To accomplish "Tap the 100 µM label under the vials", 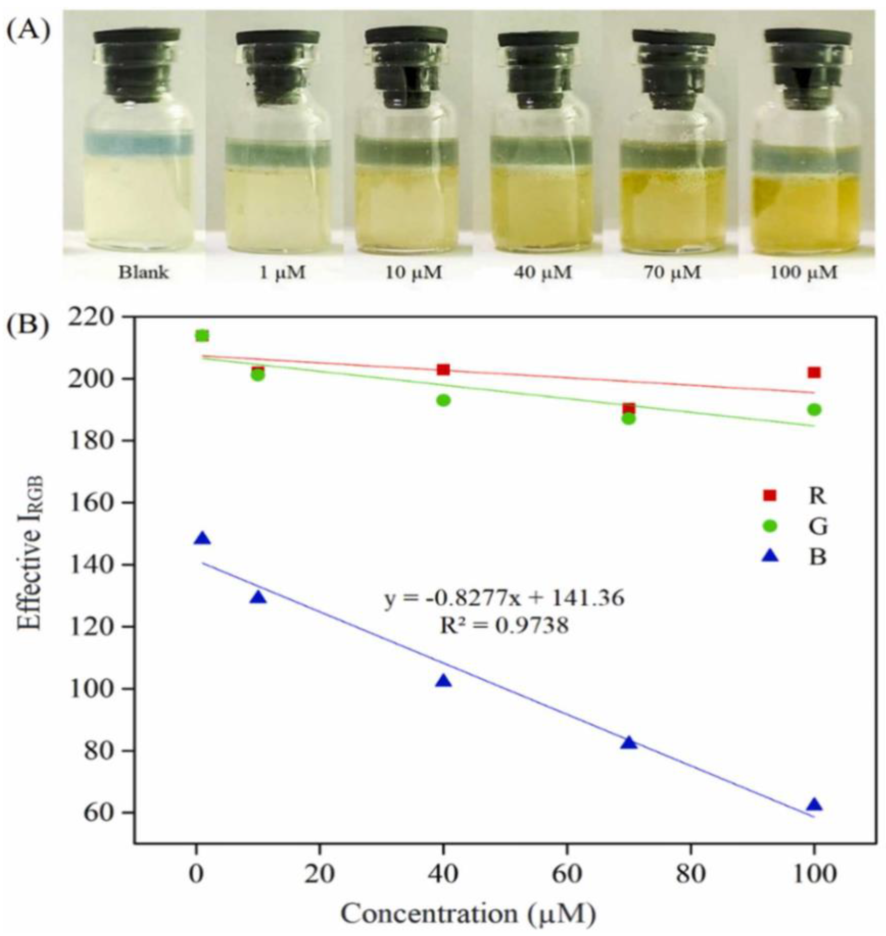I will click(x=803, y=273).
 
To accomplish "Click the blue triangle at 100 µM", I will click(x=814, y=805).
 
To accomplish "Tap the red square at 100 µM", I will click(x=814, y=373).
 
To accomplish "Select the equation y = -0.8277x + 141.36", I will click(x=504, y=598).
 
